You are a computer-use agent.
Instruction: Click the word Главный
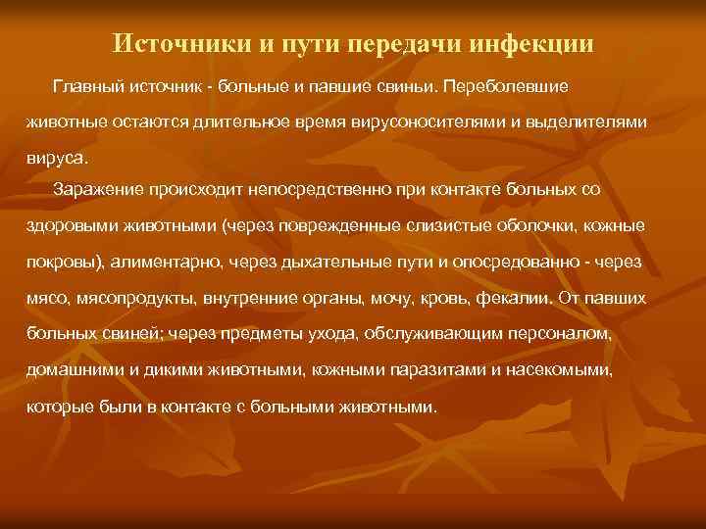pos(89,86)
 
